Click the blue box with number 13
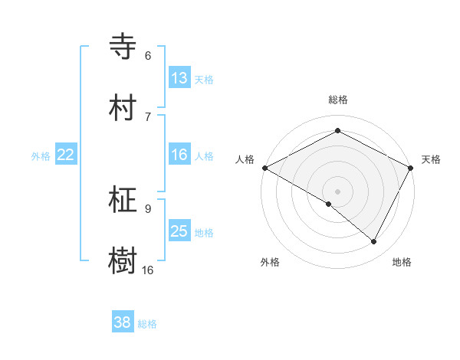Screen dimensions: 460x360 [x=179, y=78]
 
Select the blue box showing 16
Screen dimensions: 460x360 [x=179, y=155]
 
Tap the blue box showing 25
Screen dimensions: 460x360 [x=179, y=231]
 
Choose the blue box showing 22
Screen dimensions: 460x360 [x=65, y=155]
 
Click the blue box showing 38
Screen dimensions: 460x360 [x=123, y=322]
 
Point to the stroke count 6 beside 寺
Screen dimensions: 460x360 [x=148, y=56]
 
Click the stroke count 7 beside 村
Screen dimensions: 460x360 [x=148, y=116]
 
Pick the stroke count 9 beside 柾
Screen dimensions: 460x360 [x=148, y=208]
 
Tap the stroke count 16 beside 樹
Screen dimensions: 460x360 [x=148, y=270]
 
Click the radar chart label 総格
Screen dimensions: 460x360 [x=337, y=100]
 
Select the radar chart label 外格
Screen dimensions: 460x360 [x=270, y=262]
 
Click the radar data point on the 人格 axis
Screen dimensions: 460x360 [x=264, y=168]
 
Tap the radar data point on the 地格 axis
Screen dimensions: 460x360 [x=374, y=242]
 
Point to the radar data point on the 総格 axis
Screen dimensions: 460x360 [x=337, y=131]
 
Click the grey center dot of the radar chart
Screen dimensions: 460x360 [x=337, y=191]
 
